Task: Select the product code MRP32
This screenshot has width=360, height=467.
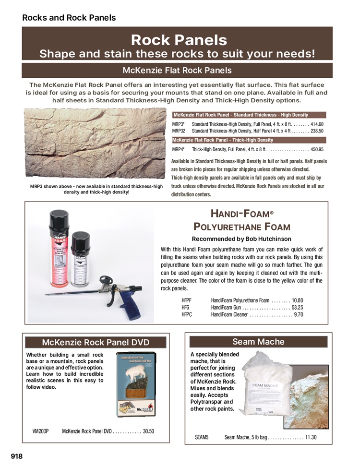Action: (179, 131)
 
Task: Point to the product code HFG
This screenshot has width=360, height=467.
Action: (185, 307)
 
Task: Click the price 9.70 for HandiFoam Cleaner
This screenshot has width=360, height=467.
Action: (299, 314)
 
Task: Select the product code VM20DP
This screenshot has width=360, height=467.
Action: (40, 431)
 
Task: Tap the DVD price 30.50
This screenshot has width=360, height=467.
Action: (148, 431)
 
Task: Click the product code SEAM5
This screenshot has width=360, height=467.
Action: (202, 437)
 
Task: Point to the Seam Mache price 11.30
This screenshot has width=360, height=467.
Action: (311, 437)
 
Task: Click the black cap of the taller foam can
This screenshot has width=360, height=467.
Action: (58, 218)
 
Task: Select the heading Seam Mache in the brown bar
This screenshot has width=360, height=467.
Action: (258, 342)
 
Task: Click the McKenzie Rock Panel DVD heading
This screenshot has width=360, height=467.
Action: (96, 342)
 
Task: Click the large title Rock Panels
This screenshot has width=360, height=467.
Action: (179, 39)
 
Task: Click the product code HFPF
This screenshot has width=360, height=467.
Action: (186, 299)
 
